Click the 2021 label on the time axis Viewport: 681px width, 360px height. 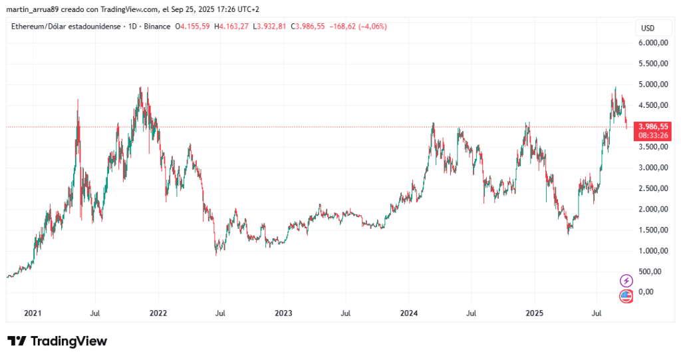pyautogui.click(x=33, y=311)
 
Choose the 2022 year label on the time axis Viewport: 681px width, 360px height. pyautogui.click(x=158, y=311)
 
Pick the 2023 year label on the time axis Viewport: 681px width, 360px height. pyautogui.click(x=283, y=311)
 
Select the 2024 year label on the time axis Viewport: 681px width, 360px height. pyautogui.click(x=408, y=311)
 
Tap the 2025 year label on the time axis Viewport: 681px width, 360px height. pyautogui.click(x=534, y=311)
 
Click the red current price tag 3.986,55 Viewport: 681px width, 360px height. pyautogui.click(x=652, y=126)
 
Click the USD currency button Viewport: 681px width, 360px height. pyautogui.click(x=647, y=28)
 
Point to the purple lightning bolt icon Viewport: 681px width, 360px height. pyautogui.click(x=626, y=280)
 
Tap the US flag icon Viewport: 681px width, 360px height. pyautogui.click(x=626, y=296)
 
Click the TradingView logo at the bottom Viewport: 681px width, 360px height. pyautogui.click(x=57, y=341)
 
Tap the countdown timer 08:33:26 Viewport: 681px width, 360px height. pyautogui.click(x=652, y=134)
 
